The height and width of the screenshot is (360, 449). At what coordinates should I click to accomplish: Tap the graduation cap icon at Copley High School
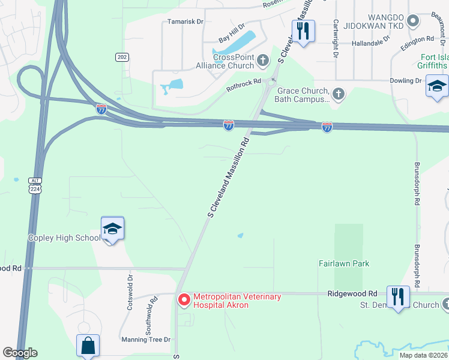112,229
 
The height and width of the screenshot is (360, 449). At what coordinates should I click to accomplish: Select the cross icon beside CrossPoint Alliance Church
262,61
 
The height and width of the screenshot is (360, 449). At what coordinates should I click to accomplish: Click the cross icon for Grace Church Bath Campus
339,94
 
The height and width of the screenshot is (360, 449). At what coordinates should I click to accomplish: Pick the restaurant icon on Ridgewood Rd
398,297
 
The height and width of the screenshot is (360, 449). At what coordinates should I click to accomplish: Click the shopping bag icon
88,346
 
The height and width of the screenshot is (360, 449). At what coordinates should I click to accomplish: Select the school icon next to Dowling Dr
436,86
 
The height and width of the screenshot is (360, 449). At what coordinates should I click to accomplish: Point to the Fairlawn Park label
344,263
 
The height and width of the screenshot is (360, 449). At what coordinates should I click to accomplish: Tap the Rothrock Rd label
244,85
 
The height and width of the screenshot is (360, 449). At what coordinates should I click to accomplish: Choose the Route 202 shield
122,56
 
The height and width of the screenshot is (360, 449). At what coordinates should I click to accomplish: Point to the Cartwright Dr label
335,34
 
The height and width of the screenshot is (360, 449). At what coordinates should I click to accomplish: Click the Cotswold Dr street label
130,292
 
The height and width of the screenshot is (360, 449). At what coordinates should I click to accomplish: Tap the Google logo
20,353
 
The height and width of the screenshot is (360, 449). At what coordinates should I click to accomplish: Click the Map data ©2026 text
423,355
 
